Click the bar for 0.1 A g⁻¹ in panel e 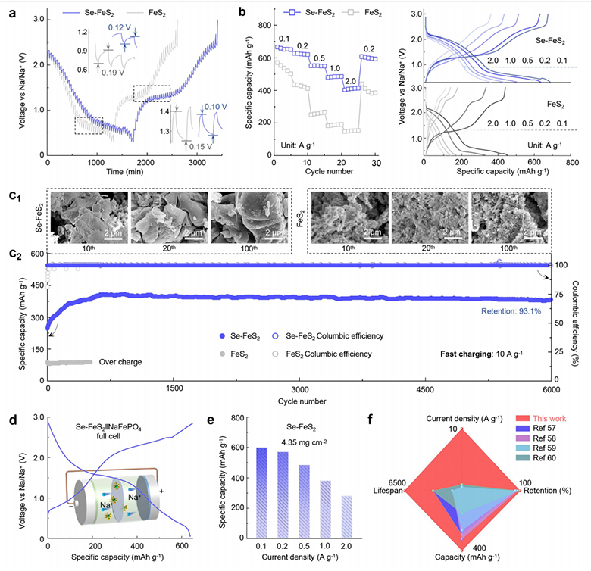pos(262,491)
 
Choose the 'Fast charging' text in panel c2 pos(487,354)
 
